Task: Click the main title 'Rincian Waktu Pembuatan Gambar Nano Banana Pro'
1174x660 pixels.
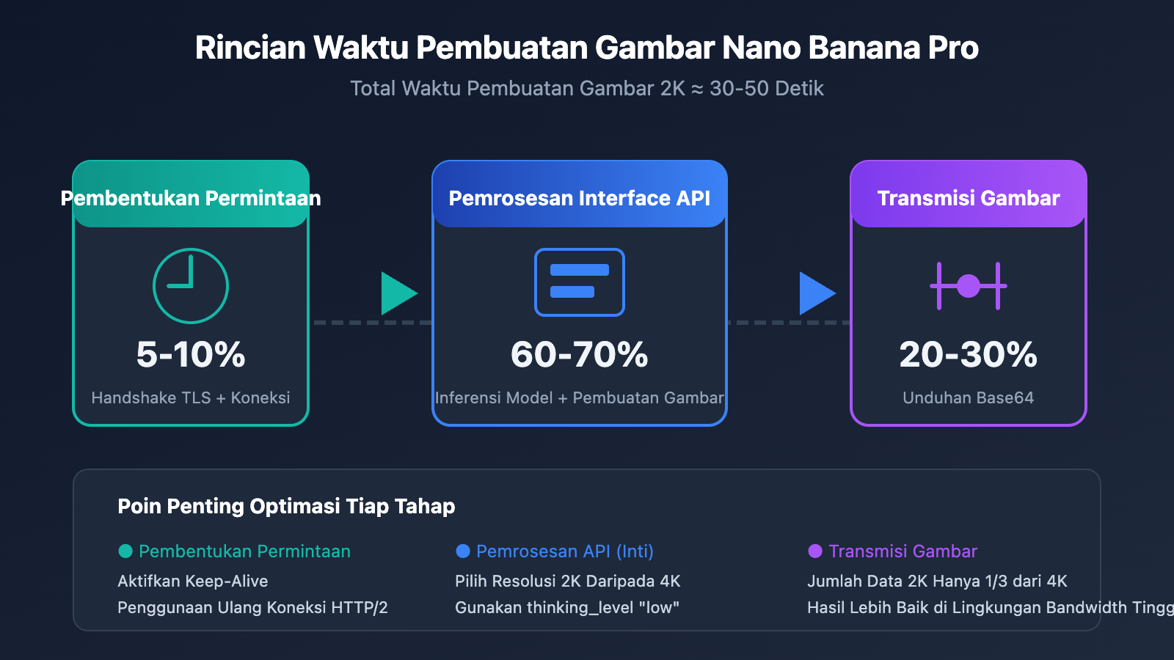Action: pyautogui.click(x=586, y=48)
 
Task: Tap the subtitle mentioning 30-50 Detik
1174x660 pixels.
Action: pyautogui.click(x=586, y=89)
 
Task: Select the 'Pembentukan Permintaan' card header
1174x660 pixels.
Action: pyautogui.click(x=191, y=198)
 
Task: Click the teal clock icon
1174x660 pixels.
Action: pyautogui.click(x=191, y=286)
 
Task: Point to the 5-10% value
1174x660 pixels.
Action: pyautogui.click(x=191, y=354)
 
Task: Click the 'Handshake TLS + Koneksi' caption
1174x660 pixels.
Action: pyautogui.click(x=191, y=397)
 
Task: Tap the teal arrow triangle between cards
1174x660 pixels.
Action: pyautogui.click(x=398, y=293)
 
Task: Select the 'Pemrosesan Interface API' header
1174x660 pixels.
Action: pyautogui.click(x=580, y=198)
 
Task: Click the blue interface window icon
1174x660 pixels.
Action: pyautogui.click(x=580, y=282)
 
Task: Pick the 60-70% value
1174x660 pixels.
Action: pyautogui.click(x=580, y=354)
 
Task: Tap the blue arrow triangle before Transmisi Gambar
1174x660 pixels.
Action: pyautogui.click(x=816, y=293)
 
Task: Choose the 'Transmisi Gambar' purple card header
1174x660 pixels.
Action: pyautogui.click(x=969, y=198)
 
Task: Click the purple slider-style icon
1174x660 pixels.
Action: pyautogui.click(x=969, y=285)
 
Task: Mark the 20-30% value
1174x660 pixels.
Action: pyautogui.click(x=969, y=354)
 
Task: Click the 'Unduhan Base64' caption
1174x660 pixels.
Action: pyautogui.click(x=969, y=397)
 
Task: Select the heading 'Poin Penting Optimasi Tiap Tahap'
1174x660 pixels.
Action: pyautogui.click(x=286, y=506)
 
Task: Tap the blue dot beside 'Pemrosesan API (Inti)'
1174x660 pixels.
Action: pyautogui.click(x=463, y=551)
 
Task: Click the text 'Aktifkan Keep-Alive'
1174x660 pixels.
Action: pyautogui.click(x=193, y=581)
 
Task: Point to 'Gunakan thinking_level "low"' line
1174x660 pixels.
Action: pyautogui.click(x=567, y=607)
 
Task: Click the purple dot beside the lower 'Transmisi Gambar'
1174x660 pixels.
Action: pyautogui.click(x=815, y=551)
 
